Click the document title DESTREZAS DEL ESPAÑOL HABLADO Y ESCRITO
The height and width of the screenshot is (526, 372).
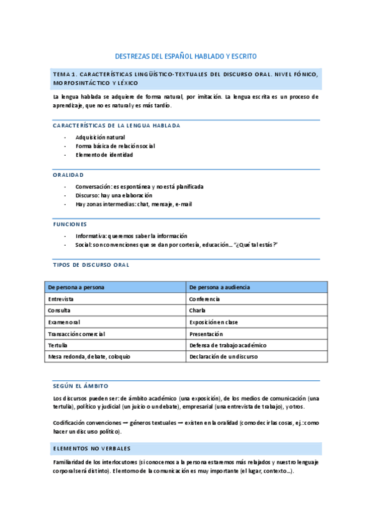[x=186, y=56]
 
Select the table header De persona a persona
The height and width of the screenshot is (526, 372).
[x=76, y=287]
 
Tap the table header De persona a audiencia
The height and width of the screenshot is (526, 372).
[x=219, y=287]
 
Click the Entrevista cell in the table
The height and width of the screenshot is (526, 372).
[x=61, y=299]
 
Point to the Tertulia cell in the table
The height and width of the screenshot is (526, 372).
[x=58, y=345]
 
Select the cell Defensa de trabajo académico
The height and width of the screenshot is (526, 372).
[x=227, y=345]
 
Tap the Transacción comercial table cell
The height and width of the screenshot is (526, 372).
[x=76, y=334]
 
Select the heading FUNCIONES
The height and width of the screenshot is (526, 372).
[x=70, y=224]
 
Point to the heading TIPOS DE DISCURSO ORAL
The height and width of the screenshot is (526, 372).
[x=91, y=265]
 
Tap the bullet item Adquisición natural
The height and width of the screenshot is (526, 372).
[x=100, y=137]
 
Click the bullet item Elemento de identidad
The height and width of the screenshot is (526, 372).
[x=104, y=154]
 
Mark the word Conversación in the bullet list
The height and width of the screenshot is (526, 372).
[x=93, y=186]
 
